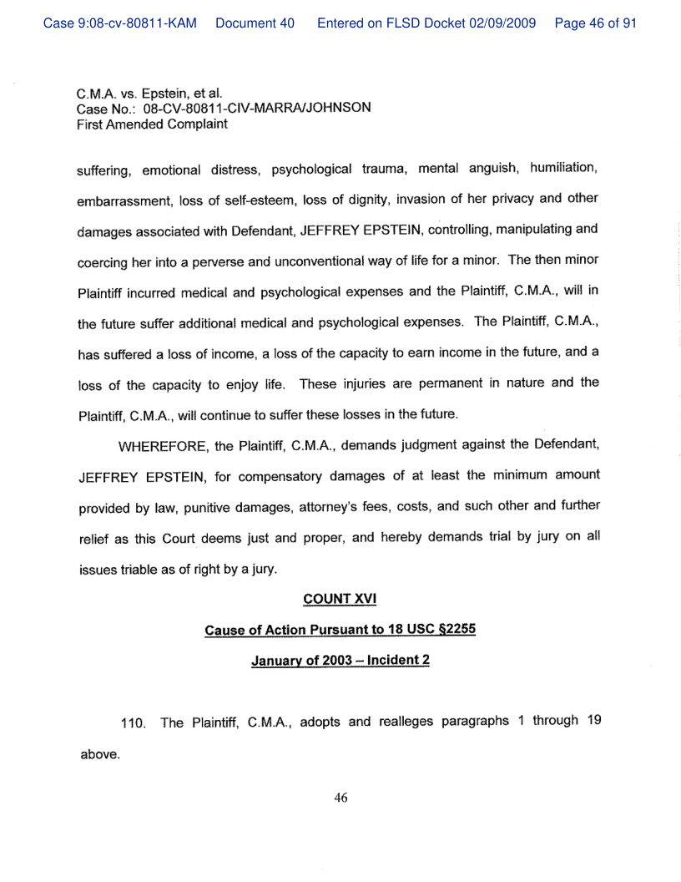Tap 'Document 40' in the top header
click(255, 23)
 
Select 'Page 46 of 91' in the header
click(595, 23)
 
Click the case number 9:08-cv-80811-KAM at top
click(120, 23)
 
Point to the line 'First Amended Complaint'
click(152, 124)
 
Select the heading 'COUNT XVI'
click(340, 599)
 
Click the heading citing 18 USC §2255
click(340, 630)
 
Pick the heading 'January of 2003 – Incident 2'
click(340, 661)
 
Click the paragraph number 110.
click(134, 723)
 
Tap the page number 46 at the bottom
click(340, 798)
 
